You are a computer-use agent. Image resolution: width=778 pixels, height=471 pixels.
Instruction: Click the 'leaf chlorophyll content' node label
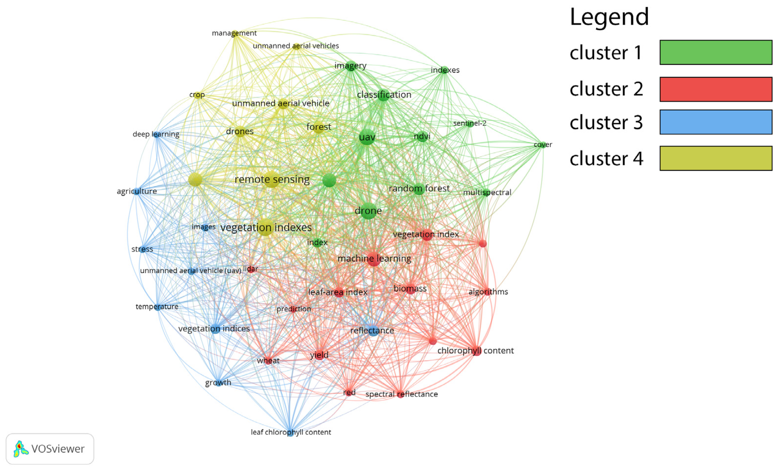click(x=291, y=432)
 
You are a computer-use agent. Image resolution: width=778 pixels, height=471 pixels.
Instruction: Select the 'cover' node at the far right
click(x=543, y=145)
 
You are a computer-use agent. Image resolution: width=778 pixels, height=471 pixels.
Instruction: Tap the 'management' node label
click(x=234, y=33)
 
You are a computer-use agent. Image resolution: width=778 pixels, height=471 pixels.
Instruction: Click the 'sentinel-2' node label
click(x=470, y=123)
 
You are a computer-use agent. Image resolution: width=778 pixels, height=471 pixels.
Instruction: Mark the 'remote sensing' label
click(x=272, y=179)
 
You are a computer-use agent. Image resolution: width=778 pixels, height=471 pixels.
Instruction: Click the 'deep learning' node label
click(x=156, y=134)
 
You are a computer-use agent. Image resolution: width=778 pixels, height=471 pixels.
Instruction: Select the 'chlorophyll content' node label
click(x=475, y=351)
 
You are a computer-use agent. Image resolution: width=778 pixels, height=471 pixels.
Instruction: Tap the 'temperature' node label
click(x=157, y=306)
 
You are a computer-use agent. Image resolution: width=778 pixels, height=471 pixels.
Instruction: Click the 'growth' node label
click(x=218, y=383)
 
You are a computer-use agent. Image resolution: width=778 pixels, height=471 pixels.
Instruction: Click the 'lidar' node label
click(x=250, y=269)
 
